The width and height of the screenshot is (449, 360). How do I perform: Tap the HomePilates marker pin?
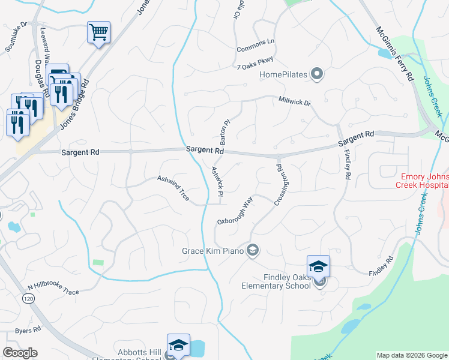point(318,75)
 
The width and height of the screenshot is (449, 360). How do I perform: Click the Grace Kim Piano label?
point(212,251)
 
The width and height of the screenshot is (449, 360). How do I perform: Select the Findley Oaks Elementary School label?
point(287,281)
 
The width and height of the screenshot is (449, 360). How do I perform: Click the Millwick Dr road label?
point(295,102)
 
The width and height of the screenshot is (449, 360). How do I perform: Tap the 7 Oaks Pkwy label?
point(255,67)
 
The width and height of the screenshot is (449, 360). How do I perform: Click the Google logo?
point(20,352)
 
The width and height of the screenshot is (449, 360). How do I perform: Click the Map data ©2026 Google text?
point(411,355)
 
